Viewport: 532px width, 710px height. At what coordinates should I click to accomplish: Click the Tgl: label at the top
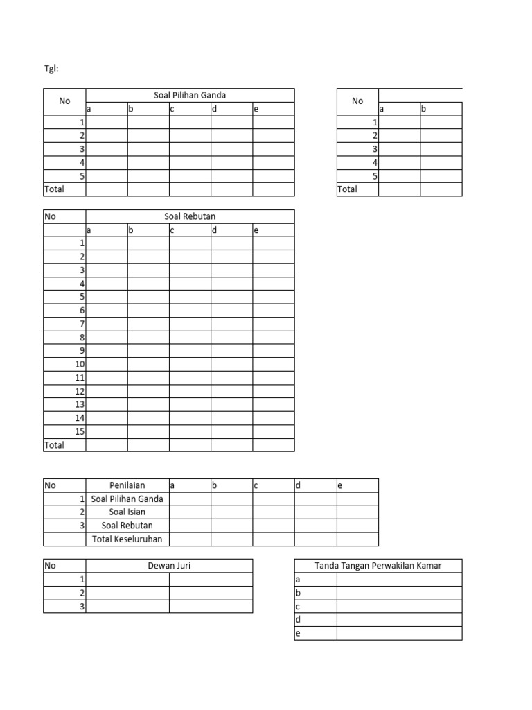tap(52, 69)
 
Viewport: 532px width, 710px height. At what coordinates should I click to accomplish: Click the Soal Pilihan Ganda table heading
tap(190, 95)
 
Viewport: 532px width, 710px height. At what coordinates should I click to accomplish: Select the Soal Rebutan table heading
tap(190, 216)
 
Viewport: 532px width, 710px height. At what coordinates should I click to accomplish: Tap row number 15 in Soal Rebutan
tap(79, 431)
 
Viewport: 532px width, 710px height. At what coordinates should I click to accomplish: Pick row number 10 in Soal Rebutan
tap(79, 364)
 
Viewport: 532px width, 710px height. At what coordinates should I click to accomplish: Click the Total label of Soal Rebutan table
tap(55, 445)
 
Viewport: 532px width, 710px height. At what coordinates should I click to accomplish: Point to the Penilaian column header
tap(127, 485)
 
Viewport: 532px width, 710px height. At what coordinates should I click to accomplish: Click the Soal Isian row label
tap(127, 512)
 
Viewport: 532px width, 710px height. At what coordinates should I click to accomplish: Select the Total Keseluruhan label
tap(127, 539)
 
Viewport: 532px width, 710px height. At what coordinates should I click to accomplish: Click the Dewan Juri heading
tap(169, 566)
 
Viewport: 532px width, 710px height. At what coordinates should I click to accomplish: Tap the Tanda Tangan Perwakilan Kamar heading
tap(378, 566)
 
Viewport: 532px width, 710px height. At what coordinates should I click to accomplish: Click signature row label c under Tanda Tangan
tap(298, 606)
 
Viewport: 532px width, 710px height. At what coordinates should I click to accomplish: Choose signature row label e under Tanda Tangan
tap(298, 633)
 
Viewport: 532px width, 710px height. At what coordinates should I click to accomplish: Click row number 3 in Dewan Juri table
tap(82, 606)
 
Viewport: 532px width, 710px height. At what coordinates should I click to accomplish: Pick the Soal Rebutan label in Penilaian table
tap(127, 526)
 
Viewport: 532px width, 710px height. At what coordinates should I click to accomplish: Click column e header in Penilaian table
tap(340, 485)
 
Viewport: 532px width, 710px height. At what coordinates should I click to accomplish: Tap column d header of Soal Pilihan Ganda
tap(215, 109)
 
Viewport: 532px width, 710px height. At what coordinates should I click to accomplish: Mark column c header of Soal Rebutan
tap(172, 230)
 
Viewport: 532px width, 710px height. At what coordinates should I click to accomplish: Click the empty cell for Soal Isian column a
tap(190, 512)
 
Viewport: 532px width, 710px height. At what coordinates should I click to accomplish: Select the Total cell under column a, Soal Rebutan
tap(107, 445)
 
